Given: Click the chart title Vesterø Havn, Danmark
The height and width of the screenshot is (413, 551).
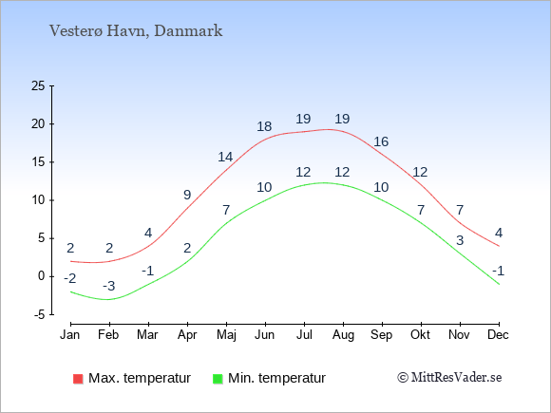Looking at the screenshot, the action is pos(136,31).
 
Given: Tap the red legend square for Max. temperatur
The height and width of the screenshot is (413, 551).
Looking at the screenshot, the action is pos(78,379).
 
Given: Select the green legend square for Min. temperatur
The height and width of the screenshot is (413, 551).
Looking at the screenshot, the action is pos(218,379).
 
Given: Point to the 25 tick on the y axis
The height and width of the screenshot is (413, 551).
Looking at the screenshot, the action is pos(38,85).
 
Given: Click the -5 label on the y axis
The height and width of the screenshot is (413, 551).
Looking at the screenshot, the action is pos(39,314).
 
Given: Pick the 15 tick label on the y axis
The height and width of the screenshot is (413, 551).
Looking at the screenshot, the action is pos(38,162).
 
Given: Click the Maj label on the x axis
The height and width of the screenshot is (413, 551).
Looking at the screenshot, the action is pos(226,335).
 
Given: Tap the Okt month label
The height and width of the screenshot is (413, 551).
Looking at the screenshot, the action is pos(420,335).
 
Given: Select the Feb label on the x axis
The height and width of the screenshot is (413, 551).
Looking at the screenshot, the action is pos(108,335).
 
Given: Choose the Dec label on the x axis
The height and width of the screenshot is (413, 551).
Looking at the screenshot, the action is pos(498,335).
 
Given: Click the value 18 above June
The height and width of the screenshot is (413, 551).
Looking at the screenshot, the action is pos(264,126).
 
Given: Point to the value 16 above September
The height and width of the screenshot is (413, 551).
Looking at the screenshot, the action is pos(381,141).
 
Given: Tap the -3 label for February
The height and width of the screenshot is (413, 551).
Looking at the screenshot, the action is pos(109,286).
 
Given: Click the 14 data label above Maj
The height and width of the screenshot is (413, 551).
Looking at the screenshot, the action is pos(225,157).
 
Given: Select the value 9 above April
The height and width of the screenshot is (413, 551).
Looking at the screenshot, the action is pos(187,195).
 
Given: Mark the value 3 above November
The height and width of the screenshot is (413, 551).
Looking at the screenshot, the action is pos(460,240).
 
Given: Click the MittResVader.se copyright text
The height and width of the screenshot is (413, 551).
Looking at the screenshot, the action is pos(449,378).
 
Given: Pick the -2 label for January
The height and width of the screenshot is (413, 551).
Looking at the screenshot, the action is pos(70,278).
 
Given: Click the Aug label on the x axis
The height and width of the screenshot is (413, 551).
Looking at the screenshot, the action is pos(343,335).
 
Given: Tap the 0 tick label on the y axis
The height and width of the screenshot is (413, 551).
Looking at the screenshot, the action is pos(42,276).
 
